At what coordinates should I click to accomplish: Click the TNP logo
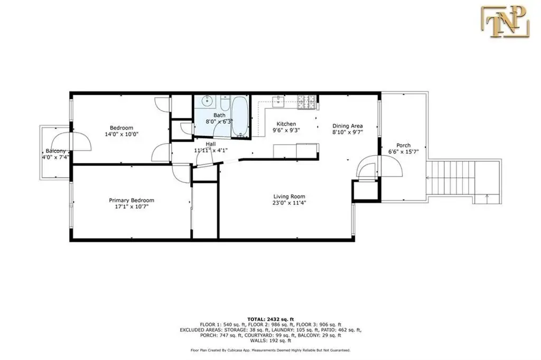[x=505, y=22]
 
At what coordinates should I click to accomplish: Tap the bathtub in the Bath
[x=239, y=116]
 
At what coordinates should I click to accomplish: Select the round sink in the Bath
[x=207, y=101]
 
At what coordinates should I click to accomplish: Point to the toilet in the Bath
[x=225, y=102]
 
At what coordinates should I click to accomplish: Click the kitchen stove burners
[x=307, y=102]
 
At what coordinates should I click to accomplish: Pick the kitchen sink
[x=278, y=101]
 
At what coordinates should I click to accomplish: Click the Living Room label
[x=289, y=197]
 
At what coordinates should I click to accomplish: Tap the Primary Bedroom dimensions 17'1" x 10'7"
[x=131, y=207]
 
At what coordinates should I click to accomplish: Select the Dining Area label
[x=348, y=126]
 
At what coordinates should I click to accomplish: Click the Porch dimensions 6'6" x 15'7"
[x=403, y=152]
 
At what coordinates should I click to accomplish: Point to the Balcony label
[x=55, y=151]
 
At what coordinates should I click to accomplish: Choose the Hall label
[x=211, y=144]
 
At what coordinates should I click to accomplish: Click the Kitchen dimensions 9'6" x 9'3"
[x=286, y=131]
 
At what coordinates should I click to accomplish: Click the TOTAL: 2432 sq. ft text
[x=270, y=319]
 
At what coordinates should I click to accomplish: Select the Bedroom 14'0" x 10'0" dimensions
[x=122, y=134]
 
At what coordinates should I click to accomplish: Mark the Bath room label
[x=219, y=115]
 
